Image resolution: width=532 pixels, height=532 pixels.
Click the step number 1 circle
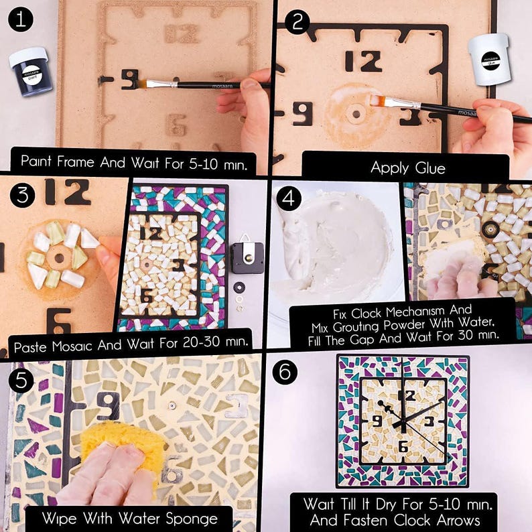(21, 19)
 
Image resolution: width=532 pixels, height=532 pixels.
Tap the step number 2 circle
(297, 22)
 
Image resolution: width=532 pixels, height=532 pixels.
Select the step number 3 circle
(22, 195)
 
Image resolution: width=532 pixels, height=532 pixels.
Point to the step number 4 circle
(289, 198)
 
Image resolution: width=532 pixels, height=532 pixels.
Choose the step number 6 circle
(285, 372)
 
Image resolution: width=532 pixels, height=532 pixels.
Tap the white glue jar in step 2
(489, 60)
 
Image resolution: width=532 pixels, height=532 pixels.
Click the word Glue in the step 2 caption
(430, 168)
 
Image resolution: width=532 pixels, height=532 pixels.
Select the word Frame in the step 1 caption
(75, 161)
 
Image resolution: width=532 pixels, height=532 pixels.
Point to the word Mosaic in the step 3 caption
(72, 346)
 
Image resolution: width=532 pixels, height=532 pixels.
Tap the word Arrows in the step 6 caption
(458, 520)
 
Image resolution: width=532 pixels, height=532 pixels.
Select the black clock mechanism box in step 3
(247, 257)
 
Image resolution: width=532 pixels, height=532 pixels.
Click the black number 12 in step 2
(363, 62)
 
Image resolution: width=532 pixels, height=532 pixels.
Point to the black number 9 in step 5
(109, 406)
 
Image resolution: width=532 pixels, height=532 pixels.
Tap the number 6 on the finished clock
(403, 446)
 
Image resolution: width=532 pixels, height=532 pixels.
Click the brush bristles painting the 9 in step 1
(143, 83)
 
